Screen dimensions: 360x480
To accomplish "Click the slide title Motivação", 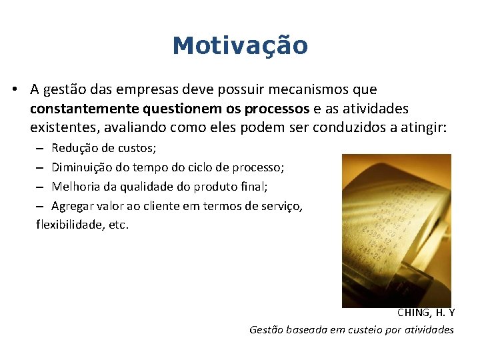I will pos(240,46).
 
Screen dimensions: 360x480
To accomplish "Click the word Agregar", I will pos(73,206).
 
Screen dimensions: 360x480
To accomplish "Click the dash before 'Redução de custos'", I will pos(40,148).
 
